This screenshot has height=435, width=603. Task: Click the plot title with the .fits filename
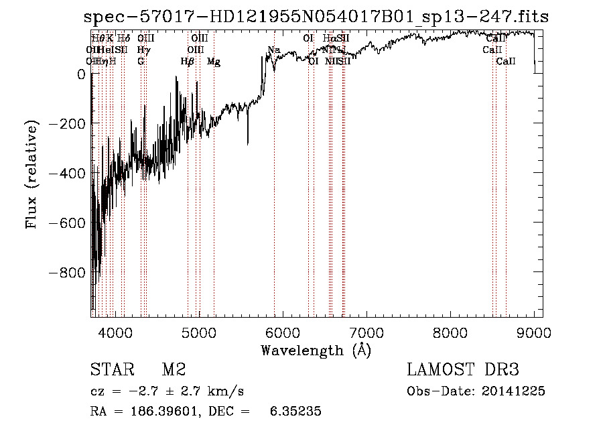[x=316, y=17]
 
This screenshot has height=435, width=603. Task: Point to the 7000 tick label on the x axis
[x=366, y=332]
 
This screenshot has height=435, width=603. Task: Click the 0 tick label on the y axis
[x=80, y=75]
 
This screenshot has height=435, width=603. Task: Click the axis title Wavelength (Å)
[x=316, y=350]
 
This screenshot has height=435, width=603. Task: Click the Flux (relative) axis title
[x=31, y=174]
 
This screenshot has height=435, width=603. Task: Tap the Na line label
[x=273, y=50]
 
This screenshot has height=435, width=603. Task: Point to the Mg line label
[x=214, y=62]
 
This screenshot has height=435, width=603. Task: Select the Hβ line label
[x=188, y=62]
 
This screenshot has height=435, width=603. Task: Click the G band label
[x=141, y=62]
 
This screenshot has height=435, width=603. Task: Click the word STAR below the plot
[x=111, y=370]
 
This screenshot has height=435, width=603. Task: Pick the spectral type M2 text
[x=173, y=370]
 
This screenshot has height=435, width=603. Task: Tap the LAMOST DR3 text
[x=463, y=370]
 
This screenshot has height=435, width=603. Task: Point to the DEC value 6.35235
[x=295, y=412]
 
